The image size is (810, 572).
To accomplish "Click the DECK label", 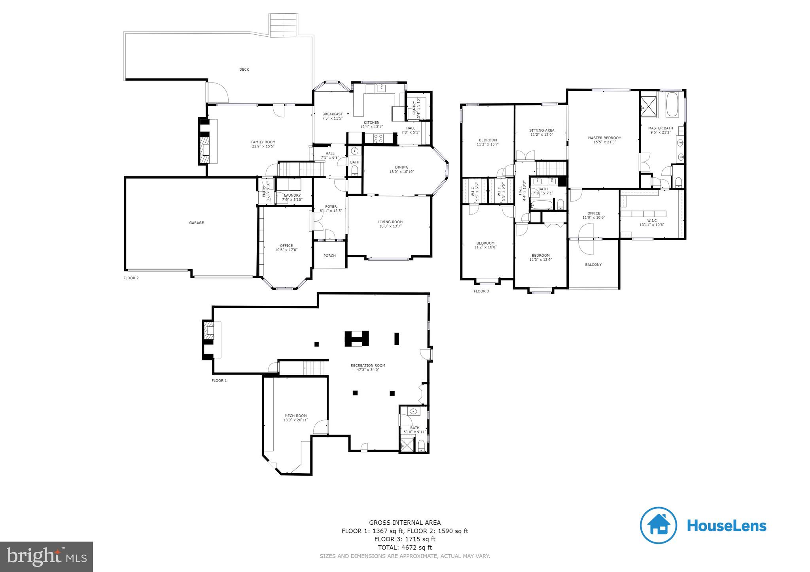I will [244, 70].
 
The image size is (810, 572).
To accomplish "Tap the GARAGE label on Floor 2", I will [196, 223].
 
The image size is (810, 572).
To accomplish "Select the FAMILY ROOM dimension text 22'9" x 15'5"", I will [263, 146].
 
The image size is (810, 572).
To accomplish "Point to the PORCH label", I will [329, 256].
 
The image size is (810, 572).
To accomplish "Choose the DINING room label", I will [401, 167].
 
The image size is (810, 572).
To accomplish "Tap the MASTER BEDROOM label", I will [604, 138].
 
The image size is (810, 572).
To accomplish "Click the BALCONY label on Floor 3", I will [593, 265].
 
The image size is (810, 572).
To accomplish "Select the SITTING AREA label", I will [541, 130].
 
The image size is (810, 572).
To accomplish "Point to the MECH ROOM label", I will [295, 416].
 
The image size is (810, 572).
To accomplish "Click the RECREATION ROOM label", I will [368, 365].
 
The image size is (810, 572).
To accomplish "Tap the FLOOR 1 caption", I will [219, 381].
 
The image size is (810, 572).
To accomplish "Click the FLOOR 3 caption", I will [481, 292].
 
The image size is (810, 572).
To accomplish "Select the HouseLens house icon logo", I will [658, 525].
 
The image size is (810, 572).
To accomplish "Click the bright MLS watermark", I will [47, 557].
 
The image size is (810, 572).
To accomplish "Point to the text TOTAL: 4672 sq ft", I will [405, 548].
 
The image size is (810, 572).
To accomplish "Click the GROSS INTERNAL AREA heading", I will [405, 523].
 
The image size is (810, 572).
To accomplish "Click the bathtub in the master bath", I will [672, 104].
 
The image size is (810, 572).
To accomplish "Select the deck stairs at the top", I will [283, 25].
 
